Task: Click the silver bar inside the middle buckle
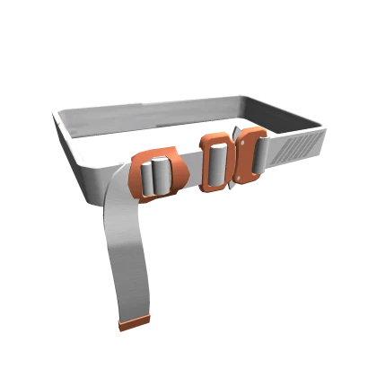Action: click(x=215, y=162)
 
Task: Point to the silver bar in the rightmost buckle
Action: click(x=254, y=154)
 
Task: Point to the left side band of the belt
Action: click(x=76, y=148)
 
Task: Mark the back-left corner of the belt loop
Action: click(x=59, y=112)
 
